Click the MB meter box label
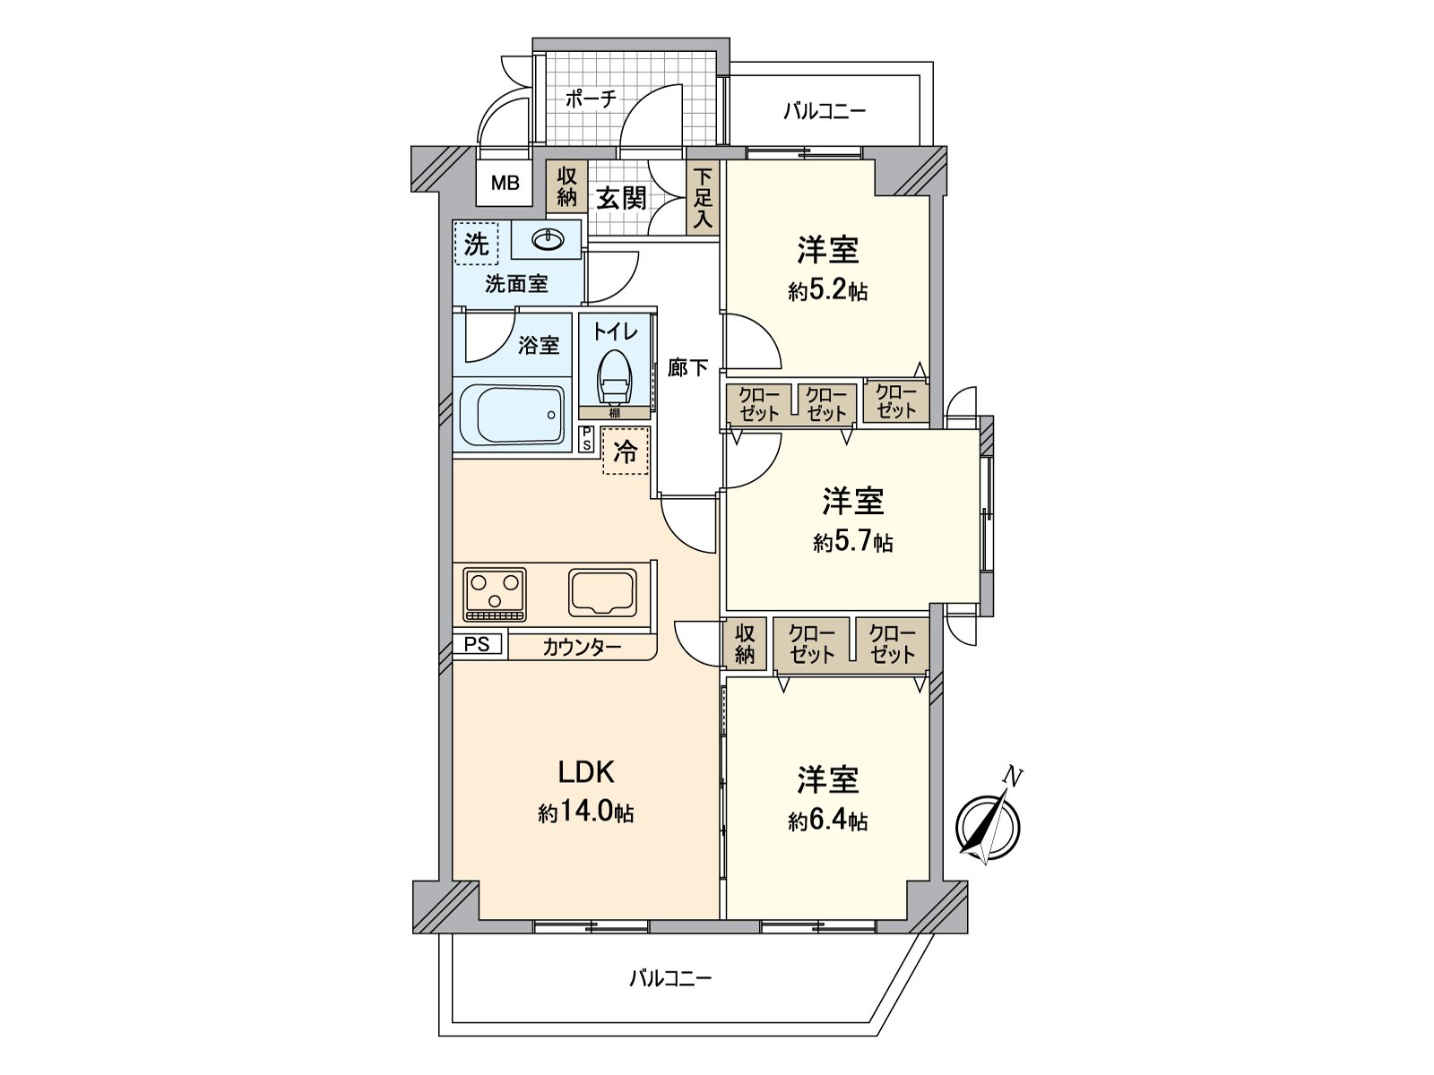coord(505,185)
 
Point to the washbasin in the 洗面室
coord(547,240)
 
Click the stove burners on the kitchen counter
coord(495,593)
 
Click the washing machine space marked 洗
coord(477,244)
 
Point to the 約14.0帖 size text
coord(586,813)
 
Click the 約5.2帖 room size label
coord(827,291)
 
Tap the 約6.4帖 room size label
coord(827,821)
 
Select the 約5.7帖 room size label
coord(852,542)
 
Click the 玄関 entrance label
coord(622,198)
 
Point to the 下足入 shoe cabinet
coord(703,199)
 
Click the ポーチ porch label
coord(591,99)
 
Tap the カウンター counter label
coord(582,647)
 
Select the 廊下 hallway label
coord(687,367)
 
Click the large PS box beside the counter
coord(477,644)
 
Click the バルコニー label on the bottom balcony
coord(669,978)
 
